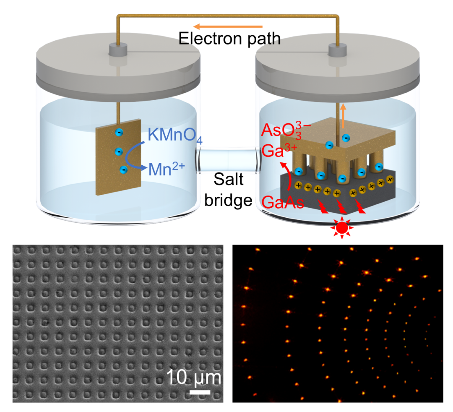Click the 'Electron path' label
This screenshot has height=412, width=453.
[229, 39]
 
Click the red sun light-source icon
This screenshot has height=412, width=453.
[343, 227]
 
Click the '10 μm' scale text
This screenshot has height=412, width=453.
[193, 377]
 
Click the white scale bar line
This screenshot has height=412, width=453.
[200, 392]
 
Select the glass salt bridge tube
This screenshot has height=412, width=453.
[228, 161]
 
